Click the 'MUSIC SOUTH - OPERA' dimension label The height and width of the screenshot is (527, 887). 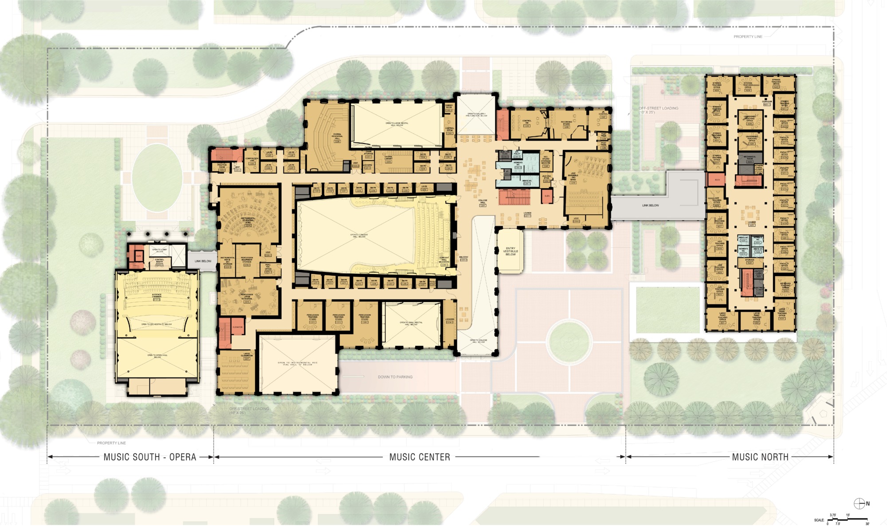click(150, 457)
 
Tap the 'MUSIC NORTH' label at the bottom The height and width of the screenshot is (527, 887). click(760, 457)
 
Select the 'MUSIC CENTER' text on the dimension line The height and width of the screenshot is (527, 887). click(420, 457)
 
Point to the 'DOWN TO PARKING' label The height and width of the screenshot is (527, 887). click(395, 377)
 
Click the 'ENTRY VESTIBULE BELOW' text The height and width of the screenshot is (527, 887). click(510, 252)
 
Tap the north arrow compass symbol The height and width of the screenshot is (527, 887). click(859, 503)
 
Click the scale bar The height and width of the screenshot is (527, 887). click(847, 519)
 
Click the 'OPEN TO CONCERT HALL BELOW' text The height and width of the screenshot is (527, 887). click(359, 236)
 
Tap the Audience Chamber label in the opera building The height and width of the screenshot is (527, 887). click(157, 296)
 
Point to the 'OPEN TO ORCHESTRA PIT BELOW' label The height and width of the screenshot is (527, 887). click(157, 325)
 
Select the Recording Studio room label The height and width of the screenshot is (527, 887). click(566, 124)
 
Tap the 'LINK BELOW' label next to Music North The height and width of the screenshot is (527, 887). click(651, 205)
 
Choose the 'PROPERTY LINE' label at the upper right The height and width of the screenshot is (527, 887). click(748, 37)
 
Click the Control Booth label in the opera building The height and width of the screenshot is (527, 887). click(159, 261)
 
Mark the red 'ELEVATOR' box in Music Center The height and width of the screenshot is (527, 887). click(238, 327)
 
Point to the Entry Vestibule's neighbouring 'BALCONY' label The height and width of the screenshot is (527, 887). click(463, 258)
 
